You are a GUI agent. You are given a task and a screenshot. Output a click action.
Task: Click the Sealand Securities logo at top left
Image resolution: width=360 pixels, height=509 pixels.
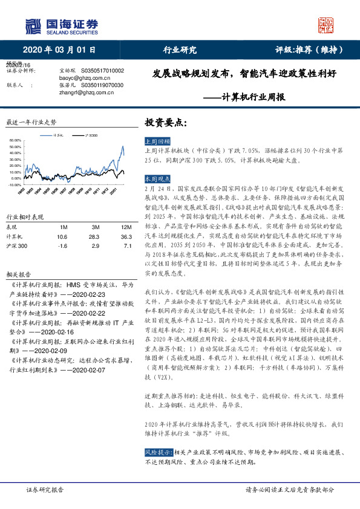click(x=61, y=25)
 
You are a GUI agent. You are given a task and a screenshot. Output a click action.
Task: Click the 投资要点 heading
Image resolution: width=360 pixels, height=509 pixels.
click(x=162, y=122)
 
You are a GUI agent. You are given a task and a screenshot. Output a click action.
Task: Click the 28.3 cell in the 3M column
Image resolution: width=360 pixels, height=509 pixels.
click(x=93, y=236)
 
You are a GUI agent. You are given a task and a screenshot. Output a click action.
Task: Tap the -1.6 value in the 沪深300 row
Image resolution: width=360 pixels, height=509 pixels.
click(x=62, y=246)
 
